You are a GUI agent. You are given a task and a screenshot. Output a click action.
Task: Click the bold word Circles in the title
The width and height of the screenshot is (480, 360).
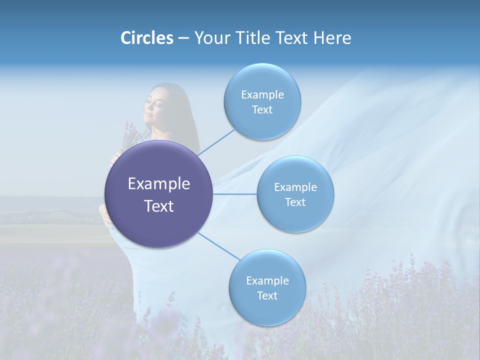[146, 38]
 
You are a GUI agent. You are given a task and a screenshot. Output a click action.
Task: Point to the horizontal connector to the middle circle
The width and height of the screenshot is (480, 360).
[235, 193]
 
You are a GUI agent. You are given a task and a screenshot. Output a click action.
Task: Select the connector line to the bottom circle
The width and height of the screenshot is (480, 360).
[218, 246]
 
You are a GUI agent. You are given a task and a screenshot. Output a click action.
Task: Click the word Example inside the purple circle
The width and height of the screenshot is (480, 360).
[159, 184]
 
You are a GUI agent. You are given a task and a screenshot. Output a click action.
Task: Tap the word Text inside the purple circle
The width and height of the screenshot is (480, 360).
[159, 206]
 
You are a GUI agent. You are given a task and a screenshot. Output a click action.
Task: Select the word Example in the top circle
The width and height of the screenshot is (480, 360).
[262, 95]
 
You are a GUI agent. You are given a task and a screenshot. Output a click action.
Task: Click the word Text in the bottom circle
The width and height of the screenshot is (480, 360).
[267, 295]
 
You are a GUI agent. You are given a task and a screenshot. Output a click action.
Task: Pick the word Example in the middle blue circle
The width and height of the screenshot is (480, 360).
[295, 187]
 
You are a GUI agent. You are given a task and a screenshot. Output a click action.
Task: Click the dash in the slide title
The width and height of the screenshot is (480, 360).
[183, 38]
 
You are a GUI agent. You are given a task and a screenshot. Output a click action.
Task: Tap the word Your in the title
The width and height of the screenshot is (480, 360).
[210, 38]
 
